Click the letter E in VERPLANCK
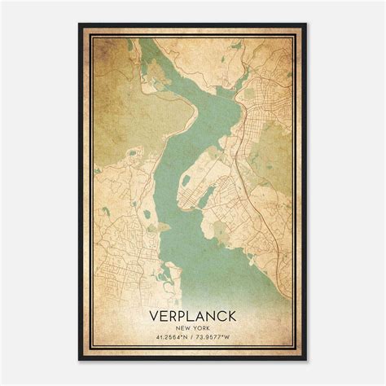pos(163,314)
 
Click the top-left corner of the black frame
pos(80,24)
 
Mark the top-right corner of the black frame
pos(306,24)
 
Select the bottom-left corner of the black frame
pos(80,360)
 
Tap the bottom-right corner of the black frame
pos(306,360)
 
